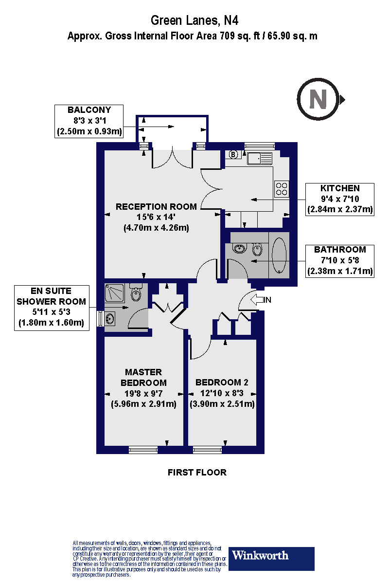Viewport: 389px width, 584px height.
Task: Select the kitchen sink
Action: tap(260, 158)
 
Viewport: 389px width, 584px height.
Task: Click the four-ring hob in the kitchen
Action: tap(282, 189)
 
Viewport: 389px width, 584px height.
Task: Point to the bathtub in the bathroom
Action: tap(279, 255)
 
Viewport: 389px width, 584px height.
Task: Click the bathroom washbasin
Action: tap(239, 249)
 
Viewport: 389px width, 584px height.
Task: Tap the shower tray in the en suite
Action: tap(114, 293)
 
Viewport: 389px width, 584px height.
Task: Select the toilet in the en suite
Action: tap(136, 292)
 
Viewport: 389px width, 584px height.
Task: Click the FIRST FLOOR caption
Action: tap(197, 473)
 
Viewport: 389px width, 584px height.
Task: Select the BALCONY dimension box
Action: tap(89, 121)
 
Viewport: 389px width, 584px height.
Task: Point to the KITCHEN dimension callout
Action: tap(340, 200)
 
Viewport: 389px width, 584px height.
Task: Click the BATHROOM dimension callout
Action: tap(340, 261)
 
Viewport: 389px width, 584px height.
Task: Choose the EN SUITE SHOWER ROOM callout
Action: tap(52, 308)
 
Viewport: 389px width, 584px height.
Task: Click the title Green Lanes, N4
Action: tap(194, 20)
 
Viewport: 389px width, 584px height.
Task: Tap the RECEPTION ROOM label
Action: tap(156, 206)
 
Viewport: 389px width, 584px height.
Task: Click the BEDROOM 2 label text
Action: tap(222, 383)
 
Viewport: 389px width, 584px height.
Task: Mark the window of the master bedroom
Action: tap(143, 450)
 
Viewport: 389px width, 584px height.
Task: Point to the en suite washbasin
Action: tap(110, 318)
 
